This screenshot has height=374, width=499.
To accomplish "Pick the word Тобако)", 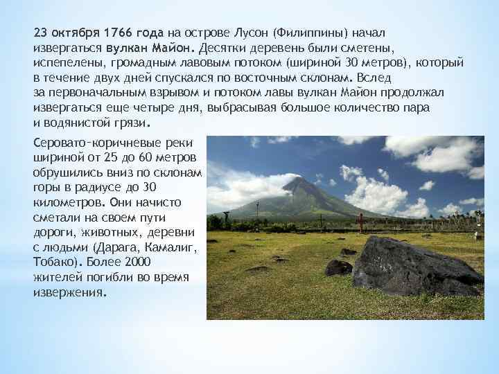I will [x=58, y=262].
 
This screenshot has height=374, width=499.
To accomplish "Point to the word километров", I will [x=67, y=202].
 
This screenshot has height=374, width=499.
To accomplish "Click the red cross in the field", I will [x=360, y=221].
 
